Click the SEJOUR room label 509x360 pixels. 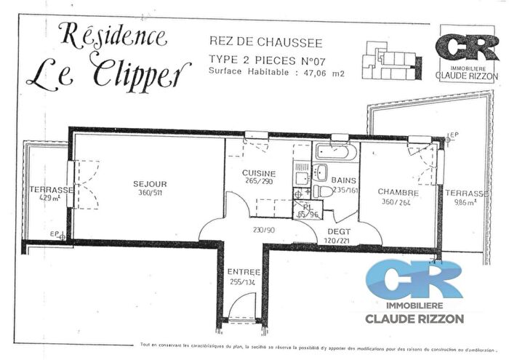[151, 184]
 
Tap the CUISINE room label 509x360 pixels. [257, 172]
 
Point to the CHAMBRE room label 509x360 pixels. [398, 192]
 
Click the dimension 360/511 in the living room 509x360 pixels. [151, 193]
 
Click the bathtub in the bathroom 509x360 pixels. [335, 152]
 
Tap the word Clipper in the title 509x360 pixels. [142, 73]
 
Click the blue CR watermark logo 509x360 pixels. [414, 279]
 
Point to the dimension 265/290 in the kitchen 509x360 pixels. [257, 181]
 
